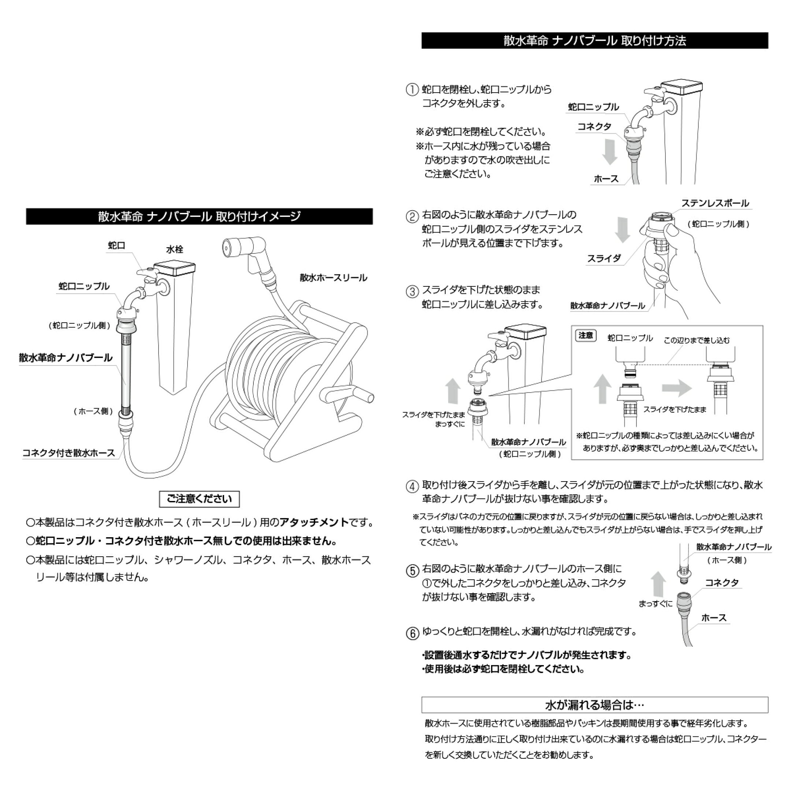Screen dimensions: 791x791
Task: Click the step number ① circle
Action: (412, 90)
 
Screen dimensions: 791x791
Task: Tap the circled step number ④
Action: (412, 486)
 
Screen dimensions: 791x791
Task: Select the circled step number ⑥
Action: (412, 633)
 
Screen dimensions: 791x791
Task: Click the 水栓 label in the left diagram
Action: (174, 249)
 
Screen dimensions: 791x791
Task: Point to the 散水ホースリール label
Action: (333, 278)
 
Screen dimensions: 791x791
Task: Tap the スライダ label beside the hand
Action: (604, 258)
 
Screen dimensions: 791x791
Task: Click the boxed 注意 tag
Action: (586, 336)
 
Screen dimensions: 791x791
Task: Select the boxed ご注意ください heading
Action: (199, 499)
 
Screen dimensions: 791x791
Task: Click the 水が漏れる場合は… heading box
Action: (594, 705)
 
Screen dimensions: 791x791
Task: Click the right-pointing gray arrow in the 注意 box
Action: (677, 388)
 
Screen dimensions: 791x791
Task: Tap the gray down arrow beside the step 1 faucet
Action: (610, 152)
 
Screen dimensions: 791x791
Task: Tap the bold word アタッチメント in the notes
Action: (314, 523)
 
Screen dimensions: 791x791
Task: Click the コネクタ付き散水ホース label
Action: (68, 453)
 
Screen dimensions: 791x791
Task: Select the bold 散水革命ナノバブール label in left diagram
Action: (66, 358)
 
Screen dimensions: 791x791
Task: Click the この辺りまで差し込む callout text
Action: (697, 340)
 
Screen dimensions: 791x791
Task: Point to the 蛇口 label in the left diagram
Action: (116, 245)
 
